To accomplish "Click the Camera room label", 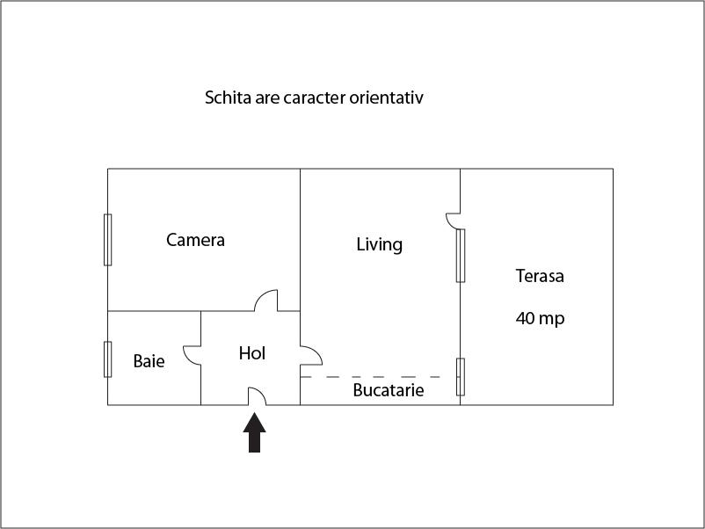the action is pos(195,240).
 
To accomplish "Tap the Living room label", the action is pos(380,245).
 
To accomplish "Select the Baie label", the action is pos(149,361).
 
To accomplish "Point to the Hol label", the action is pos(251,353).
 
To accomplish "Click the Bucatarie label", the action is pos(388,390).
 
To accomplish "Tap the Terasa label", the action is pos(540,276).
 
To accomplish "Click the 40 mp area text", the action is pos(540,318).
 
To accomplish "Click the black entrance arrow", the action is pos(254,432).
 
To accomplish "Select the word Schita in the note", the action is pos(228,98).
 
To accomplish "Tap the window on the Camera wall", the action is pos(108,240).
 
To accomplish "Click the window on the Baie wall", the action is pos(108,359).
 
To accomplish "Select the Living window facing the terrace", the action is pos(461,256).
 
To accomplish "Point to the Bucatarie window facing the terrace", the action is pos(461,377).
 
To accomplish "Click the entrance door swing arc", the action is pos(261,392).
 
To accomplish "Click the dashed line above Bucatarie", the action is pos(370,377).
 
